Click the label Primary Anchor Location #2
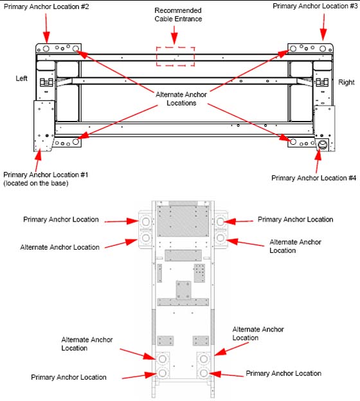point(46,6)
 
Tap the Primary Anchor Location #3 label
point(315,6)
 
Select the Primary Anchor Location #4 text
point(314,178)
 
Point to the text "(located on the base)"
point(36,183)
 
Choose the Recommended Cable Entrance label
point(178,15)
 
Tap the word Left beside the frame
point(21,79)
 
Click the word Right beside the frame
point(346,82)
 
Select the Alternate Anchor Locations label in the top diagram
point(181,98)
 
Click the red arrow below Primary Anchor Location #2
point(46,28)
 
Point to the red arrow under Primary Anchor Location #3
point(323,27)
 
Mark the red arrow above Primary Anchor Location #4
point(318,160)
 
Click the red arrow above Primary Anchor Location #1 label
point(38,160)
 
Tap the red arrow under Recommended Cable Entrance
point(174,35)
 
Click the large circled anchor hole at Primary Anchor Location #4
point(323,145)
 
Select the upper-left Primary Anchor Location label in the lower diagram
point(61,219)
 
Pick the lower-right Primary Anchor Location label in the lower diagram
point(283,373)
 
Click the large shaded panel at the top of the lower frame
point(183,221)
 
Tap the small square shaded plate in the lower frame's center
point(183,290)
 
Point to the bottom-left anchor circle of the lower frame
point(163,373)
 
